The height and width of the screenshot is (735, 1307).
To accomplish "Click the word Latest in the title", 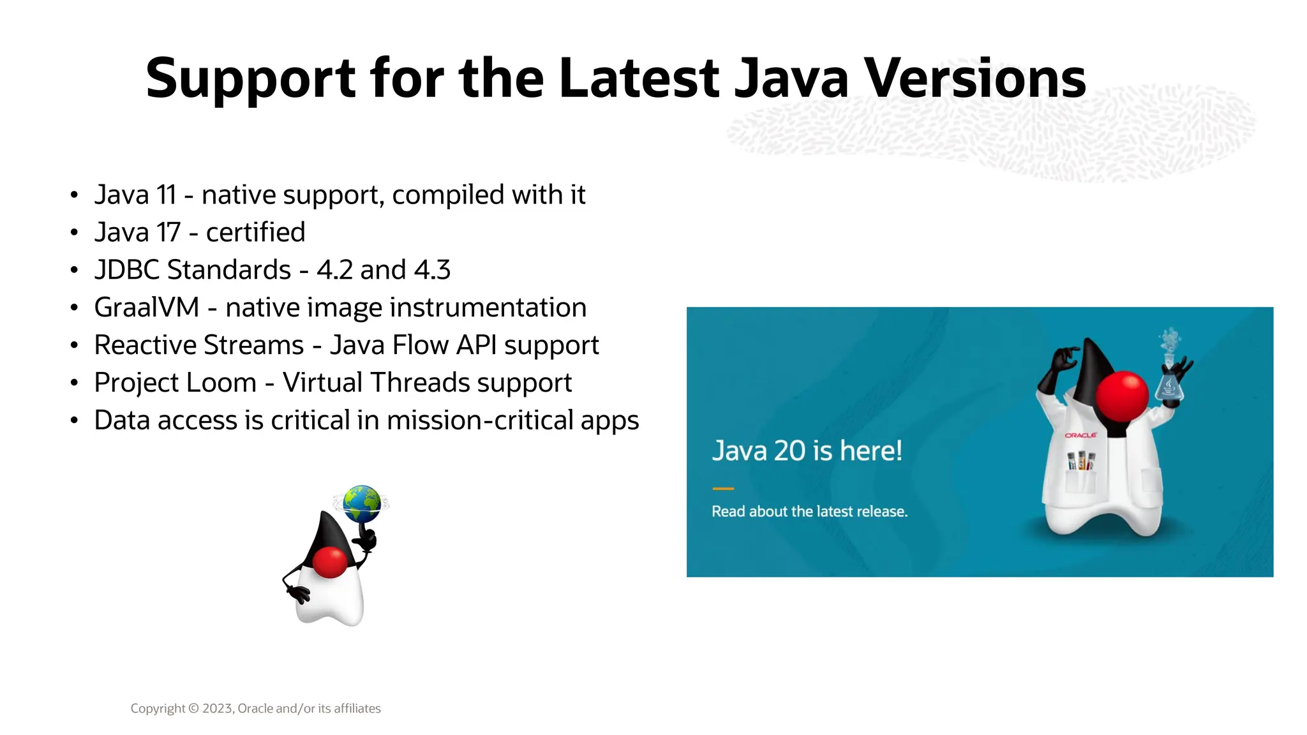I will click(639, 79).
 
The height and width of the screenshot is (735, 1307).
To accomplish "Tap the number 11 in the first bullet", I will click(166, 195).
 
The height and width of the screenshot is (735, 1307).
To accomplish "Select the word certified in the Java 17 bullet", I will click(255, 233).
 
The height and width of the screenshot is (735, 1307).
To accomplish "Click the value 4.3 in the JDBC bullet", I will click(432, 271).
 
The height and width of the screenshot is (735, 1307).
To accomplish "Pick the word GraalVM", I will click(147, 308).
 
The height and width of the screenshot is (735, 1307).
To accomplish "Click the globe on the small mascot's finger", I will click(361, 503).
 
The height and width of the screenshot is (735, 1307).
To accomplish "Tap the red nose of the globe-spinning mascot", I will click(330, 562).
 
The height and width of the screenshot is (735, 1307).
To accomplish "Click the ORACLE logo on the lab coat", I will click(1080, 435).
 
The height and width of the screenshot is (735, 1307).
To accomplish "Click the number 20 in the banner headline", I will click(789, 451).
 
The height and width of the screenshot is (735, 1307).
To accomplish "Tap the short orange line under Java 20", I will click(723, 489).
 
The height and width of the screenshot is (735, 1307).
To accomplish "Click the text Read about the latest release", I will click(809, 512).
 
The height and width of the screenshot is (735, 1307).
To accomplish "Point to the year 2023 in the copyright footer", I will click(218, 709).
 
